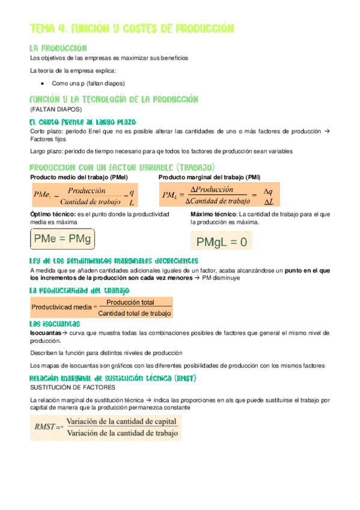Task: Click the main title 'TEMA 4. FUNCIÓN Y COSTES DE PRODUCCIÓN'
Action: point(131,29)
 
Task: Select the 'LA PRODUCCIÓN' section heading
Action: point(59,48)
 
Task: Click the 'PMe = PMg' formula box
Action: point(62,239)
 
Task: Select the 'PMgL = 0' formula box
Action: point(222,242)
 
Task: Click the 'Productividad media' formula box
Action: point(102,308)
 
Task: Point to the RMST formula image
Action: point(106,427)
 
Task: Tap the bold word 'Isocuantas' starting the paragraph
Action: point(46,333)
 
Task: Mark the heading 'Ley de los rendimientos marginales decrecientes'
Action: point(114,261)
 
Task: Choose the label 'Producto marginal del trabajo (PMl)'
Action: point(210,177)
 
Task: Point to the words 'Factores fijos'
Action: point(46,139)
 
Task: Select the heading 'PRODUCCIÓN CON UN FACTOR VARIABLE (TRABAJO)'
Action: point(122,167)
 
